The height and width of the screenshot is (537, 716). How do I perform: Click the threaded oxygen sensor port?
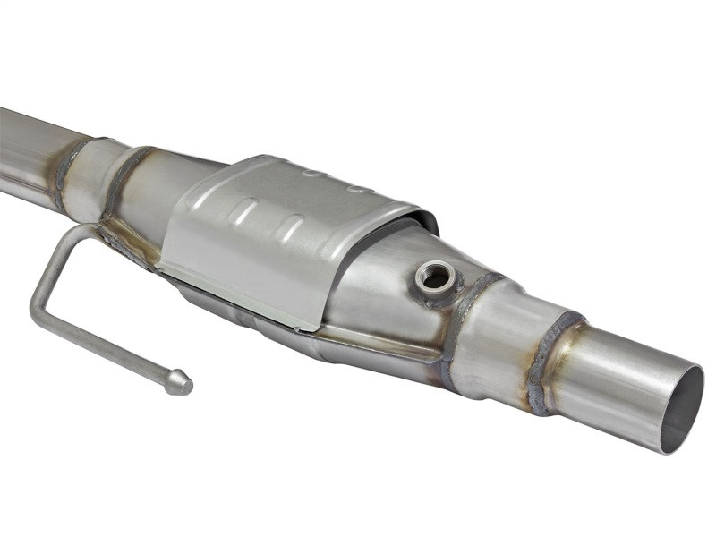[437, 278]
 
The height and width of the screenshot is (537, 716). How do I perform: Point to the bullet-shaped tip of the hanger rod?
[178, 383]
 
